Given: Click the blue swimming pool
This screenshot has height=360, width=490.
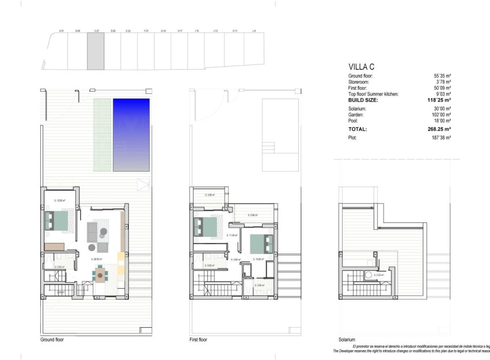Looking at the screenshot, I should point(131,135).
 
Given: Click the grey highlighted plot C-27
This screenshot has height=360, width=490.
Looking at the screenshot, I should point(96,51).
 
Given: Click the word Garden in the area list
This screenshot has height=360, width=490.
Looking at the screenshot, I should point(356,115).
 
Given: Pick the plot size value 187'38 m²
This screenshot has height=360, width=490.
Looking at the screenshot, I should point(442,138).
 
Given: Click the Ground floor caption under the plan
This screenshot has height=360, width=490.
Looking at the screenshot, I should point(52,340).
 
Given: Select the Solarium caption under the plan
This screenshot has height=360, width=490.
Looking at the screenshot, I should point(348,340).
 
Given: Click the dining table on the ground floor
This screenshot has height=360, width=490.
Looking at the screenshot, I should point(101,276).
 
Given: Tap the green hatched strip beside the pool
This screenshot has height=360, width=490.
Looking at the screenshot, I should point(102,135).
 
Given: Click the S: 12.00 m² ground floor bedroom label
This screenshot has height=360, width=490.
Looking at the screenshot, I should point(59,200).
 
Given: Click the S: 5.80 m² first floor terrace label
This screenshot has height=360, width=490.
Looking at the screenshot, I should point(252,215).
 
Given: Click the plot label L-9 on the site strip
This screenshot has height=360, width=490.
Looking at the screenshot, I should point(254,31).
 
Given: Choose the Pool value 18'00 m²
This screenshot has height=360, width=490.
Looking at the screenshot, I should point(442,121).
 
